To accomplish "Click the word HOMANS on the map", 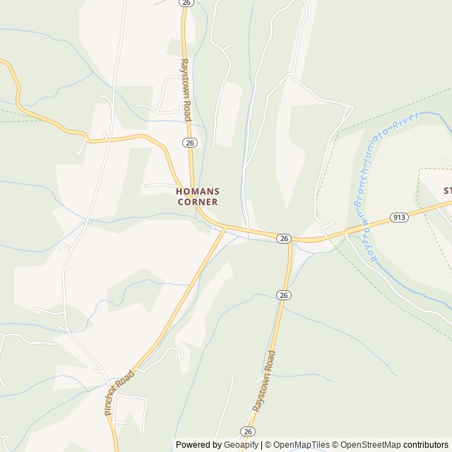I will tap(198, 191).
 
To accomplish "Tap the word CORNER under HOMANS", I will tap(198, 201).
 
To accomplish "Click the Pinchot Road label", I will tap(119, 395).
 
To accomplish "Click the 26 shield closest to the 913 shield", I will tap(283, 239).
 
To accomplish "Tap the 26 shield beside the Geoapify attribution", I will tap(247, 431).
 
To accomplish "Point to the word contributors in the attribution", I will tap(427, 445).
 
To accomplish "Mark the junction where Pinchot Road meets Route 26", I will tap(225, 228).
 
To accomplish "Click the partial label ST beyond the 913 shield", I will tap(447, 191).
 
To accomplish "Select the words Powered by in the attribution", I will tap(198, 445).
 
